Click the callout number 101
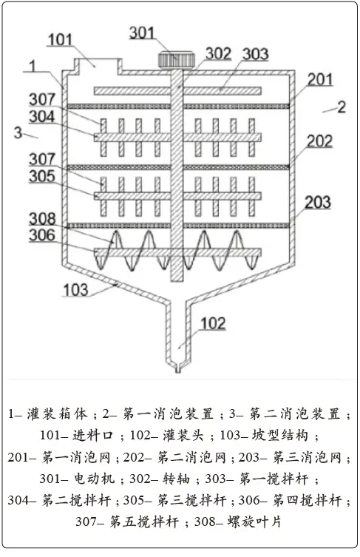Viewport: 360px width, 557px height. (x=60, y=40)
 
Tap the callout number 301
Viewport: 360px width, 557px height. (x=142, y=33)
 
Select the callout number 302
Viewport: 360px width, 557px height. (x=218, y=54)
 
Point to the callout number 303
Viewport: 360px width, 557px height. (x=255, y=54)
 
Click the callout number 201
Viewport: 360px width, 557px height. (x=320, y=80)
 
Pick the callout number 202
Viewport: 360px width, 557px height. (x=319, y=141)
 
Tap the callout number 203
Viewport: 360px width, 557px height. (x=318, y=203)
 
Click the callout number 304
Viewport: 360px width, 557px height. (x=42, y=117)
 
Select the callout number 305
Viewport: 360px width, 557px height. (x=42, y=176)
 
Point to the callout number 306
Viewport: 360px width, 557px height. (x=42, y=235)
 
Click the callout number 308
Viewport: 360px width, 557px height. (x=42, y=219)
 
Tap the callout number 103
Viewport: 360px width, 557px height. (x=75, y=290)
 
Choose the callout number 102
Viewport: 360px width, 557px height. (x=213, y=323)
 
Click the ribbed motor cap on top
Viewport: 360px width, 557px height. (x=177, y=60)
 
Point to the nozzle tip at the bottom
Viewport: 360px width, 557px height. (x=178, y=368)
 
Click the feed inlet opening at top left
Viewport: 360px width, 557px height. (x=98, y=67)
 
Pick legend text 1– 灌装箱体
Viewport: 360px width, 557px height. (x=48, y=413)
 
